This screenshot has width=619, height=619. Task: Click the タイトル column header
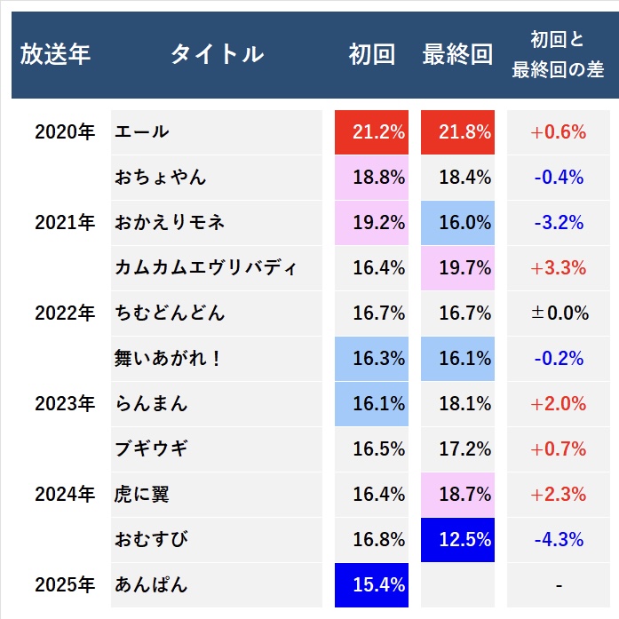[217, 55]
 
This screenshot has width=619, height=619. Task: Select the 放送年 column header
[55, 55]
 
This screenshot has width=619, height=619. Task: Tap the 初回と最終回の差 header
[558, 55]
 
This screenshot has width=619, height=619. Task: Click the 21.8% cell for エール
[457, 132]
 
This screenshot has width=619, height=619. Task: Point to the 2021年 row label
[64, 223]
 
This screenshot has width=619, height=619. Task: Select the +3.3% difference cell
[558, 268]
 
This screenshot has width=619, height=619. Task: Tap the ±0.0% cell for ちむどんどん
[558, 313]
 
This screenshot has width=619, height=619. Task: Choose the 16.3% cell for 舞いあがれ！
[371, 359]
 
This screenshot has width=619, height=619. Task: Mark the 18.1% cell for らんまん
[457, 404]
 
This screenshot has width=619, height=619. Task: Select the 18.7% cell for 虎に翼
[457, 495]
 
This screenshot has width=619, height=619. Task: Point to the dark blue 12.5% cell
[457, 540]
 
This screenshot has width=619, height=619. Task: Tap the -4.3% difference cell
[558, 540]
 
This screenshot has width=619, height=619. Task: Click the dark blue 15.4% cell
[371, 585]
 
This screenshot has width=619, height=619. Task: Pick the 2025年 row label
[64, 585]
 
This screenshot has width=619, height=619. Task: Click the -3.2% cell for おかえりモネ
[558, 223]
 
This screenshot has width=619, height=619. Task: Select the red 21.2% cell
[371, 132]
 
